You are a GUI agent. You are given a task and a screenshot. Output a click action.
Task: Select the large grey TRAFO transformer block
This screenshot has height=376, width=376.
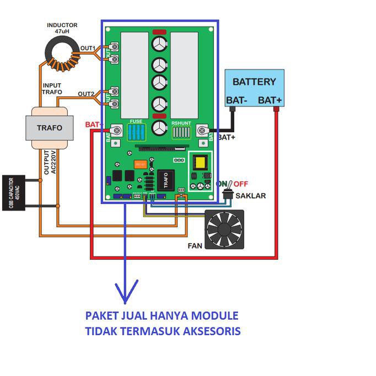(50, 128)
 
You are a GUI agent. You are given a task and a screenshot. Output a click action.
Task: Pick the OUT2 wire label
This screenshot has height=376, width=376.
(85, 94)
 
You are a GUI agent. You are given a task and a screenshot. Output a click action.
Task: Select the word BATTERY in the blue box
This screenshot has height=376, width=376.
(254, 82)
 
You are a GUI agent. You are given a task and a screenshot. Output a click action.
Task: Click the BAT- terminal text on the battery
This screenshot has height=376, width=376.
(237, 100)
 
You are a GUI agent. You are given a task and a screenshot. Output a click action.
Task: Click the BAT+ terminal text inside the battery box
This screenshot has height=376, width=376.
(270, 100)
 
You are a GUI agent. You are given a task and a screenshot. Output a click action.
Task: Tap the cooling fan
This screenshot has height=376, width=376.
(224, 229)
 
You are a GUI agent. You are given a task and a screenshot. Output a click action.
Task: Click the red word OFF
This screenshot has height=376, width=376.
(240, 184)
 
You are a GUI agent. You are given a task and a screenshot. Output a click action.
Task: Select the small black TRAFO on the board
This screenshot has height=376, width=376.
(163, 180)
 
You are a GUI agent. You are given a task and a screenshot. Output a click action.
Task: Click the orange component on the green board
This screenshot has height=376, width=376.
(140, 164)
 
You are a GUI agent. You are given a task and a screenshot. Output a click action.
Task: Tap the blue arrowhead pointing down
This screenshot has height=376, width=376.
(126, 292)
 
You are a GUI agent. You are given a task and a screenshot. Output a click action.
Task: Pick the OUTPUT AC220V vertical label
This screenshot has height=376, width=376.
(50, 163)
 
